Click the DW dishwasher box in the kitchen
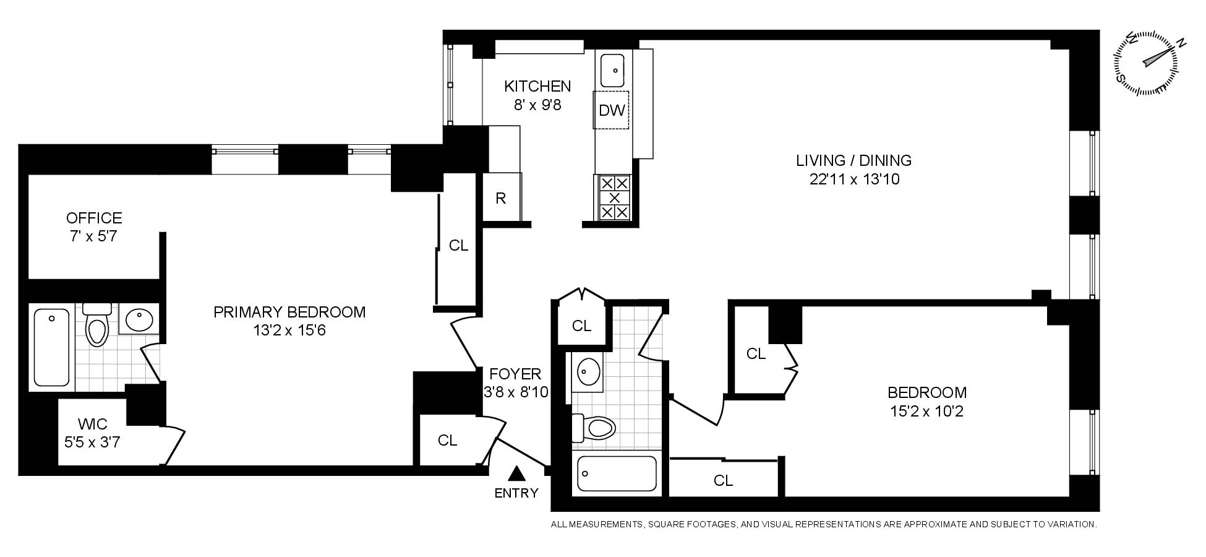click(x=611, y=110)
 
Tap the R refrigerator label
click(x=501, y=199)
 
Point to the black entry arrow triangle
click(x=516, y=474)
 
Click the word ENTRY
click(x=516, y=493)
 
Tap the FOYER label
click(x=515, y=374)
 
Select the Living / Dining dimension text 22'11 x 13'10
click(x=853, y=179)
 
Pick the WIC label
click(x=93, y=425)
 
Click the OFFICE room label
click(x=94, y=218)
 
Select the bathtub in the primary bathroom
click(x=52, y=347)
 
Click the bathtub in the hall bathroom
click(x=617, y=475)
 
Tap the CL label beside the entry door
click(x=447, y=441)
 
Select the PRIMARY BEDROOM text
click(x=289, y=312)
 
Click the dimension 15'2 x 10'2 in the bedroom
click(x=926, y=411)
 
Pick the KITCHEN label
click(x=537, y=86)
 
